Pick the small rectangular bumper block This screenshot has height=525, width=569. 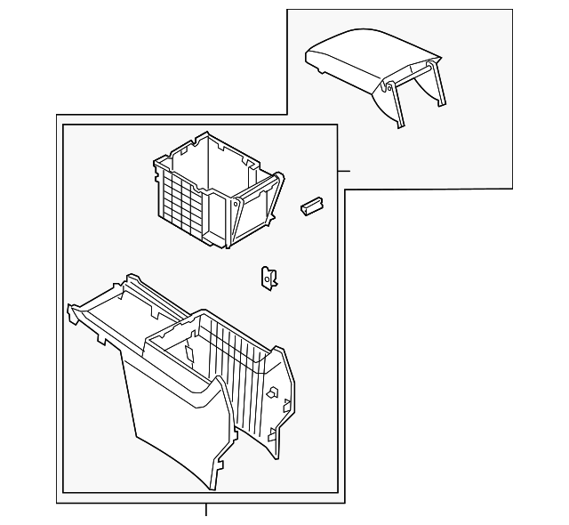pos(310,206)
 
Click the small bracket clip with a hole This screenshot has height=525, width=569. pos(267,278)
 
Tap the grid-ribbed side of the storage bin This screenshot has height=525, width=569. pos(183,197)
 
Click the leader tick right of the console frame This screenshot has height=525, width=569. pos(344,170)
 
